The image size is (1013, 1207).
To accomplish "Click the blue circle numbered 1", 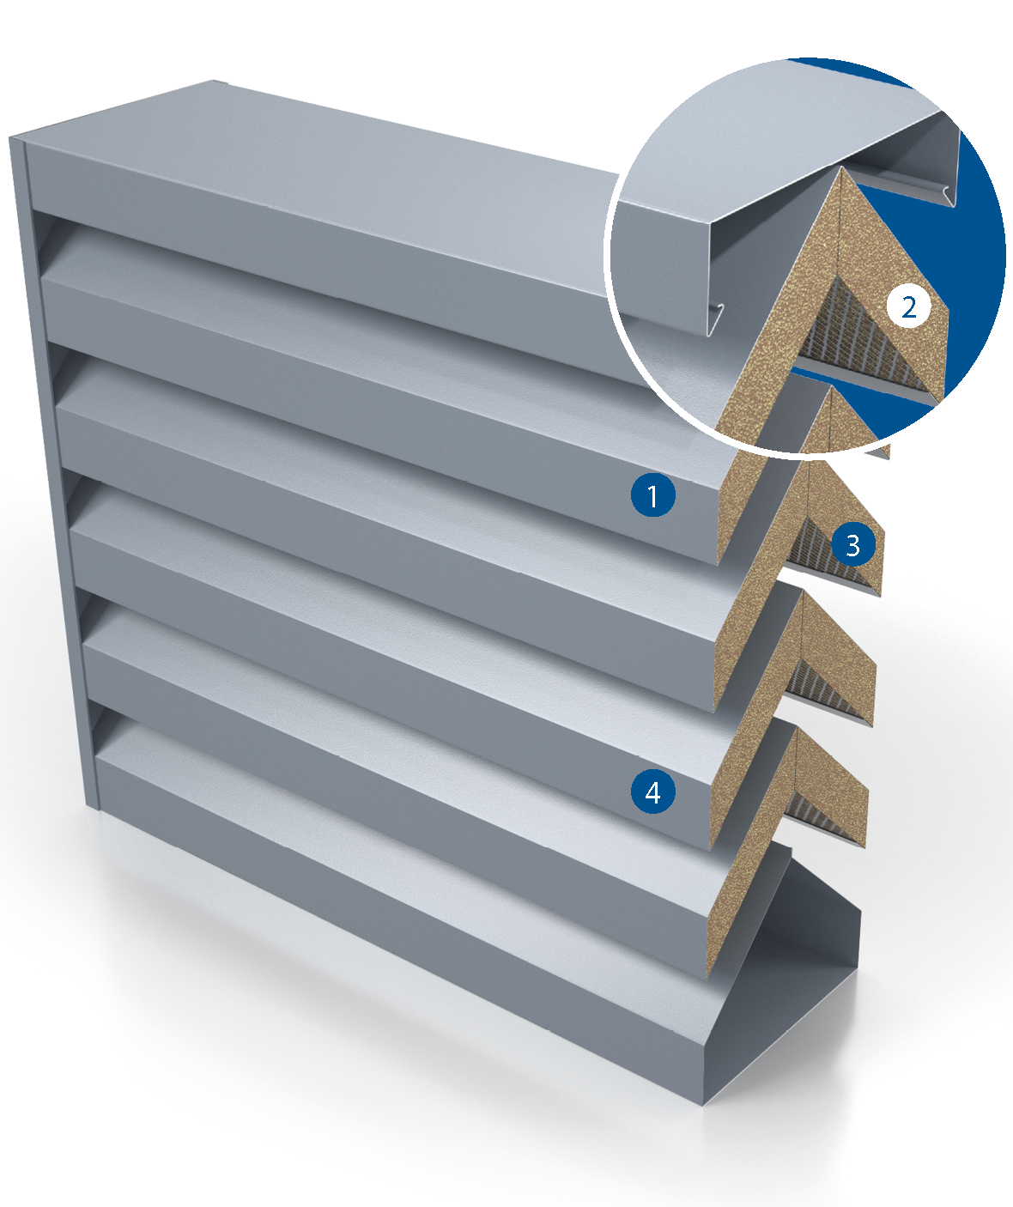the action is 652,494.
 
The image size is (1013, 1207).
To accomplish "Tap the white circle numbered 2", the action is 908,307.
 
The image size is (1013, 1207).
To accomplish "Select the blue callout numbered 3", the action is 852,544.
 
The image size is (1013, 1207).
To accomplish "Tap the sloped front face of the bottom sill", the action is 404,948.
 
